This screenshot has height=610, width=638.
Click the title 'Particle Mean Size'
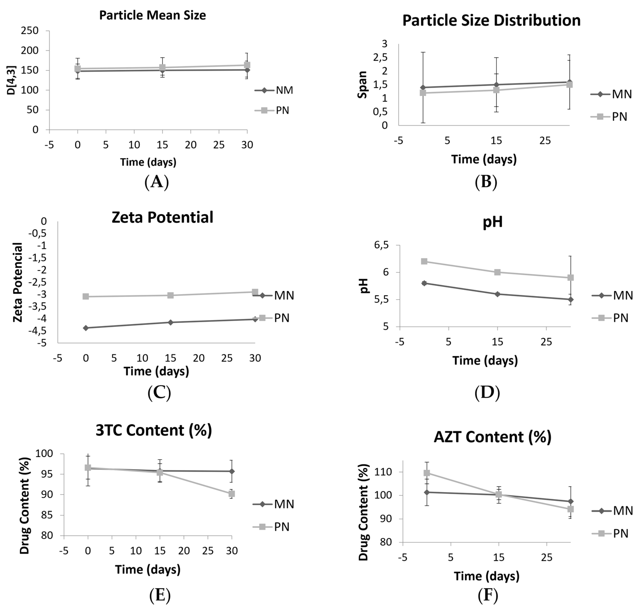(153, 15)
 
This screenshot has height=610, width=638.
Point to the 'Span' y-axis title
(362, 85)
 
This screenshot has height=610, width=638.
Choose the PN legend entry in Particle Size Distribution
(619, 116)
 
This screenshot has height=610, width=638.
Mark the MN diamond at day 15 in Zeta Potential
(170, 322)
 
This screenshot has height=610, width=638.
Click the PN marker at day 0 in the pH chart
(424, 261)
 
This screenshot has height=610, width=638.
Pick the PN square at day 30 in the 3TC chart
(231, 494)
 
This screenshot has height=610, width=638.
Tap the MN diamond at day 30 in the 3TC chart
(231, 471)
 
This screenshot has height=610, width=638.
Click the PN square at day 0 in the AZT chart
(427, 473)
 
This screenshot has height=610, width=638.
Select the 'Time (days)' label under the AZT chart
(486, 576)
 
